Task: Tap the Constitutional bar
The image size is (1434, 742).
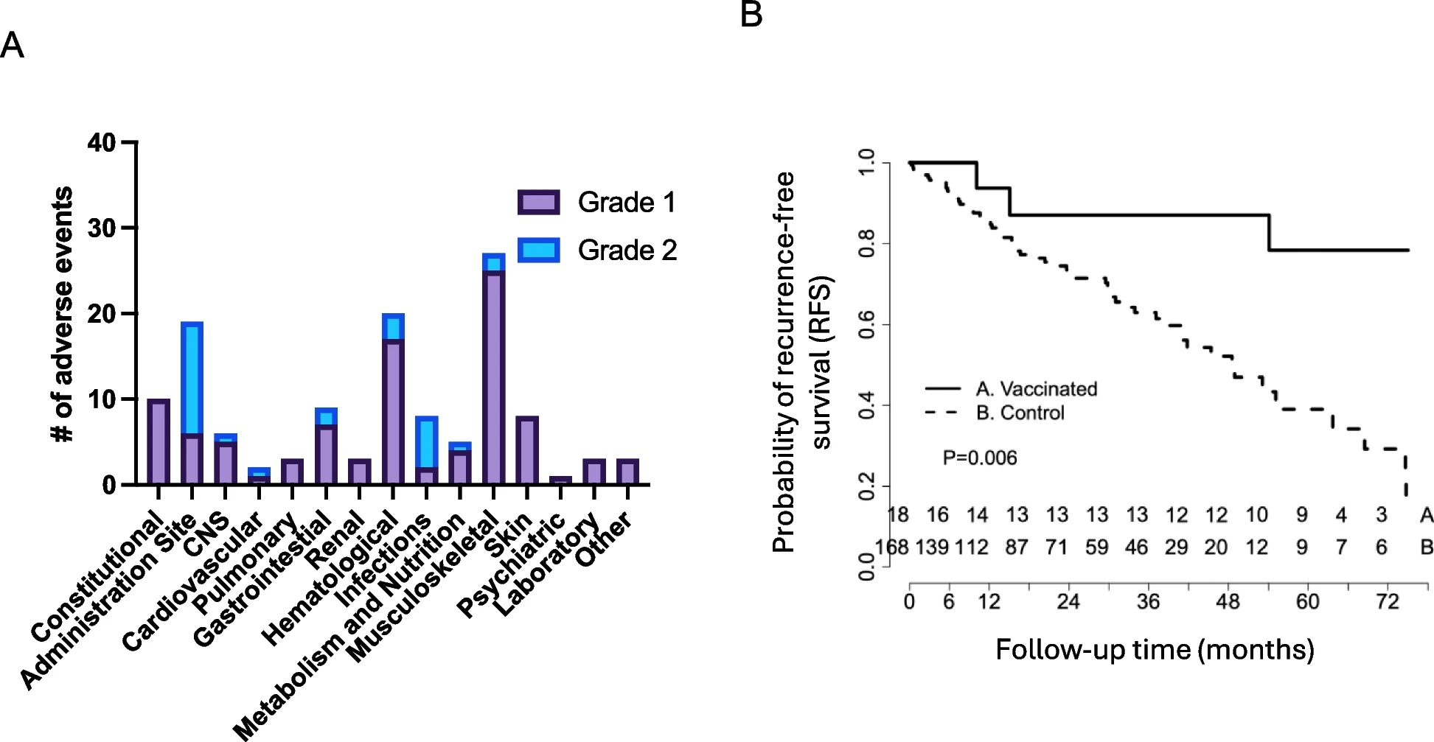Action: click(x=159, y=442)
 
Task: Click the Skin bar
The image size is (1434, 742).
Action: click(x=527, y=451)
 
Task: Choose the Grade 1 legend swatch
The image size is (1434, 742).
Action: click(x=539, y=203)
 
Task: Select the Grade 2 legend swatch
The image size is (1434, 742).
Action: click(x=539, y=251)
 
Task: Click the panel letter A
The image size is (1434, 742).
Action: click(x=13, y=46)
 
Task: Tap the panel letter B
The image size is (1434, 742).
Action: click(x=751, y=15)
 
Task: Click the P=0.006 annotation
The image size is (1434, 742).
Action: click(x=980, y=458)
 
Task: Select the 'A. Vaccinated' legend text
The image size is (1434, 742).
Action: click(x=1037, y=389)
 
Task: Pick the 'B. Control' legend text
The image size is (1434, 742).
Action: click(x=1020, y=413)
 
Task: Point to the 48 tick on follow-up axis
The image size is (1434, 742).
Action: click(x=1228, y=602)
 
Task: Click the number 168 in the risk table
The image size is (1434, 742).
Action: click(x=891, y=547)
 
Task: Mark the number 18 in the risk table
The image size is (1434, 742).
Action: click(x=898, y=515)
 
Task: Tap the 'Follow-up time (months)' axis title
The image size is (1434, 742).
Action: click(x=1155, y=650)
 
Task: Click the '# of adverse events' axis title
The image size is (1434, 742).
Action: click(x=63, y=314)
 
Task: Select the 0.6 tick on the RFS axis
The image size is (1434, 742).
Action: click(x=867, y=325)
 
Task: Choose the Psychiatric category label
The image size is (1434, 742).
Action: click(x=511, y=568)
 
